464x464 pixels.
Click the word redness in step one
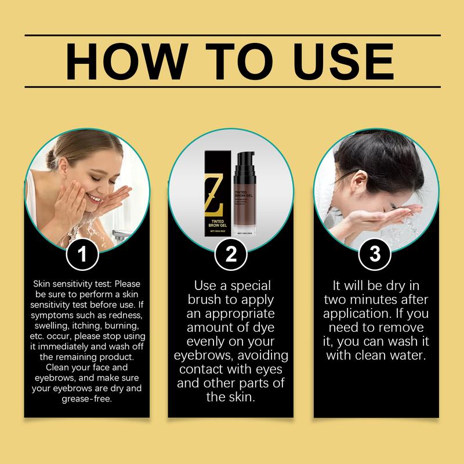pyautogui.click(x=125, y=314)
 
